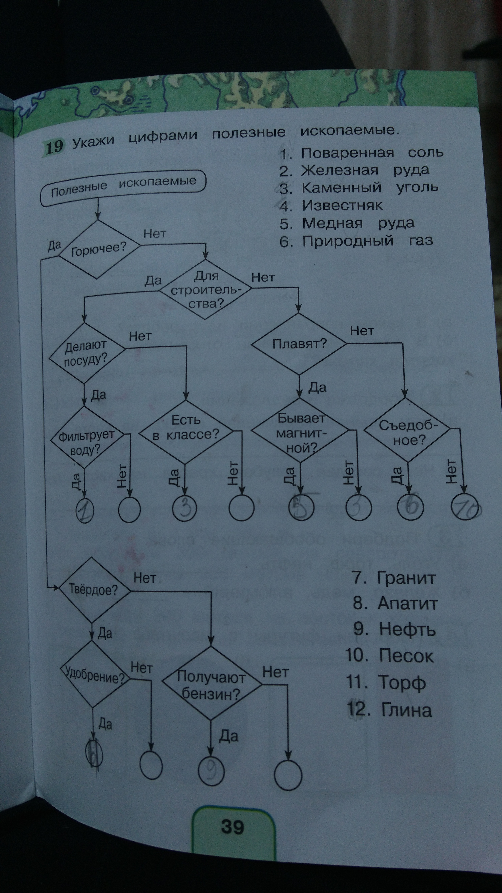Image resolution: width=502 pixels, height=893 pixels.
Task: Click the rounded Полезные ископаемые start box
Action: [x=123, y=187]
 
